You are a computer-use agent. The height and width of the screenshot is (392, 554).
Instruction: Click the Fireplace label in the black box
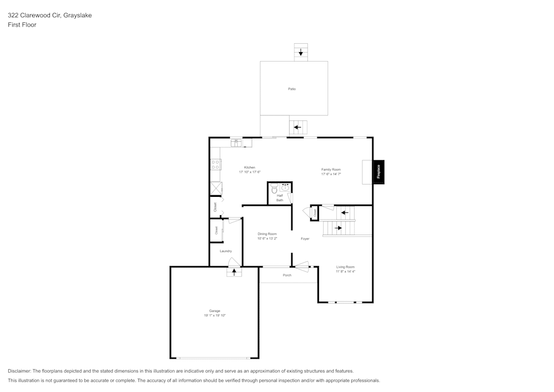(x=378, y=172)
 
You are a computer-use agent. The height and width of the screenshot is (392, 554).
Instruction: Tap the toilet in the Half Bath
(x=274, y=190)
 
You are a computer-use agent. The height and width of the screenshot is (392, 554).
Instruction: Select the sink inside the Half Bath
(x=285, y=188)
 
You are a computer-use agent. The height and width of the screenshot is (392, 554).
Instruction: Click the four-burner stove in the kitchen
(x=216, y=164)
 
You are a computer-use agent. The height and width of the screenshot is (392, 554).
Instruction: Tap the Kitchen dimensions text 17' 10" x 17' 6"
(x=250, y=172)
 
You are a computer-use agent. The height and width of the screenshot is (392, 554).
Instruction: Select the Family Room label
(x=331, y=169)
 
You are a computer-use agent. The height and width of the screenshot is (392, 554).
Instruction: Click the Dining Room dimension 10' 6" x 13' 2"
(x=267, y=238)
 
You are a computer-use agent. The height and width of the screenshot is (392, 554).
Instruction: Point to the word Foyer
(x=305, y=238)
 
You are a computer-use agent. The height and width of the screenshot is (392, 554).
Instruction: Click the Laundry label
(x=225, y=251)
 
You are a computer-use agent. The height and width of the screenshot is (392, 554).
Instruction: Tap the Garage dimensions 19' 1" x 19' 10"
(x=214, y=315)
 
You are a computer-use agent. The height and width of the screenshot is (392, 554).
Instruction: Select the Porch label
(x=287, y=275)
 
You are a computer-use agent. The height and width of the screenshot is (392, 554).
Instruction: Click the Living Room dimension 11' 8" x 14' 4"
(x=345, y=272)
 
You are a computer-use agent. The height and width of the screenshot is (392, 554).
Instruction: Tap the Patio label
(x=292, y=89)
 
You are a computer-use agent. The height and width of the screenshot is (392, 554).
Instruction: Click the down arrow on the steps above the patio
(x=301, y=53)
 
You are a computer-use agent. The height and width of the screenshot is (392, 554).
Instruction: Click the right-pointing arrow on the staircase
(x=338, y=228)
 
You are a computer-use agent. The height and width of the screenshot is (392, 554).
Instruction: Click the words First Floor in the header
(x=22, y=25)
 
